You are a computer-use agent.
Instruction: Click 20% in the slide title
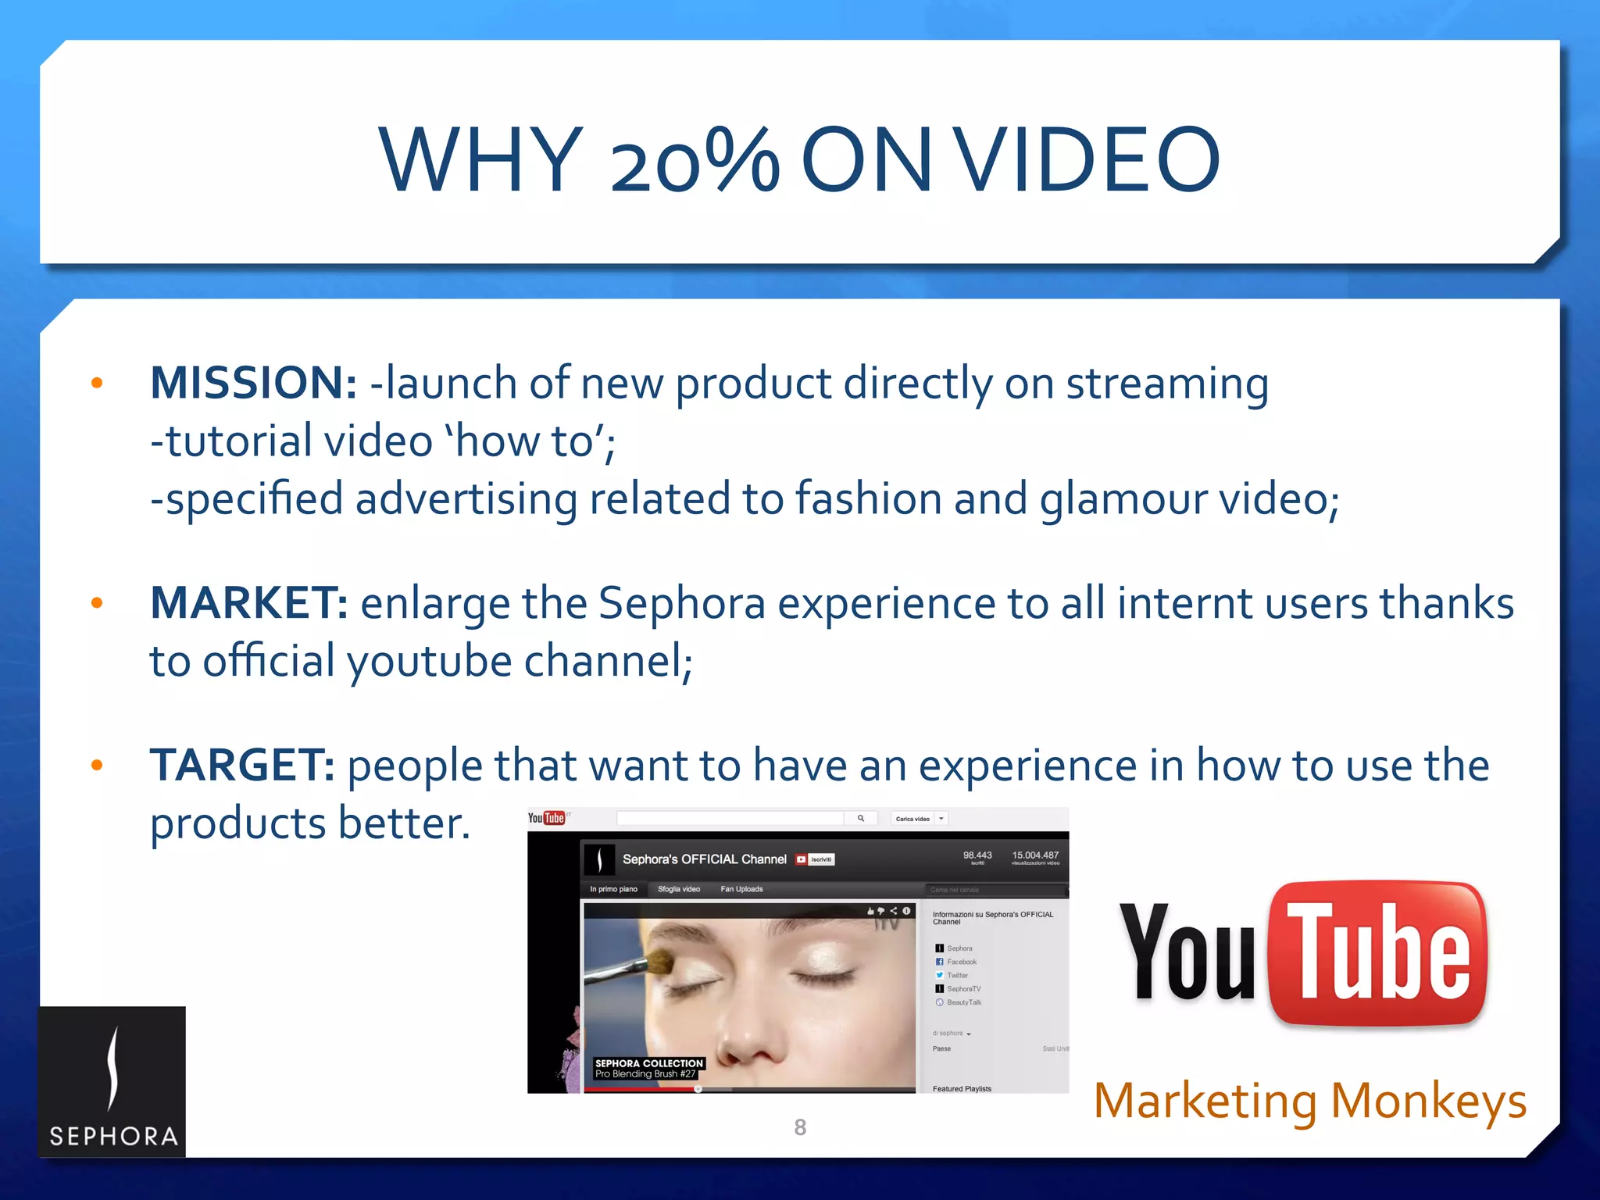[694, 160]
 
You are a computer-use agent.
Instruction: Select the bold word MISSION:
[253, 384]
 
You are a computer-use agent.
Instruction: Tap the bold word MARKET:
[248, 603]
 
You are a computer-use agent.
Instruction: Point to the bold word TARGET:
[242, 765]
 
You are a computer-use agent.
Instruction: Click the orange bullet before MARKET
[97, 603]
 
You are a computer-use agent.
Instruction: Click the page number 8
[800, 1127]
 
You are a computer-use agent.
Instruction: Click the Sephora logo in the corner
[112, 1082]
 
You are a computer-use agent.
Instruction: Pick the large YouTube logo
[1302, 952]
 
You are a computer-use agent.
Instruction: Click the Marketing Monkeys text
[1309, 1101]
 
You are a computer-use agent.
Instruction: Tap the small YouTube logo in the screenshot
[546, 818]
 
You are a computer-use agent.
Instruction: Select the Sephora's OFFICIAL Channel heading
[704, 859]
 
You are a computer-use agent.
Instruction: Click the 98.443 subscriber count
[977, 855]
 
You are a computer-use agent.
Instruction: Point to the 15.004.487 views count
[1035, 855]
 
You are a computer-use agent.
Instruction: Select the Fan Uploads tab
[741, 889]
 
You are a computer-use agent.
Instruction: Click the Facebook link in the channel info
[962, 962]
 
